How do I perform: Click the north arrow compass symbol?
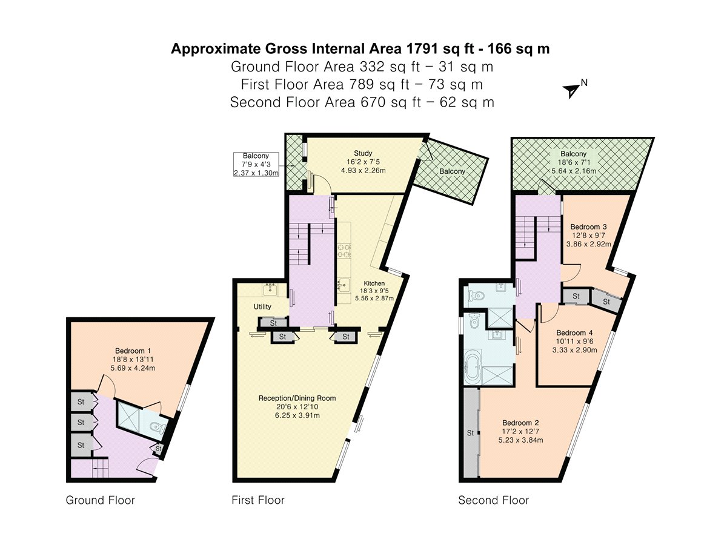click(x=572, y=90)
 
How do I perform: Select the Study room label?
click(x=363, y=153)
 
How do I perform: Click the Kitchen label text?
click(x=374, y=283)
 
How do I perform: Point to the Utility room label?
click(x=262, y=307)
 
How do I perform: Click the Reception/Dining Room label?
click(x=297, y=398)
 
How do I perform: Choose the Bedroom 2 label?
click(x=522, y=423)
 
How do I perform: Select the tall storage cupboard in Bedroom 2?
click(x=470, y=433)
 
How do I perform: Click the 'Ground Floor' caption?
click(x=100, y=500)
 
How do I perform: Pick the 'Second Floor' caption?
click(x=493, y=500)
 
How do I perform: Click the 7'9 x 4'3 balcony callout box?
click(x=256, y=164)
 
